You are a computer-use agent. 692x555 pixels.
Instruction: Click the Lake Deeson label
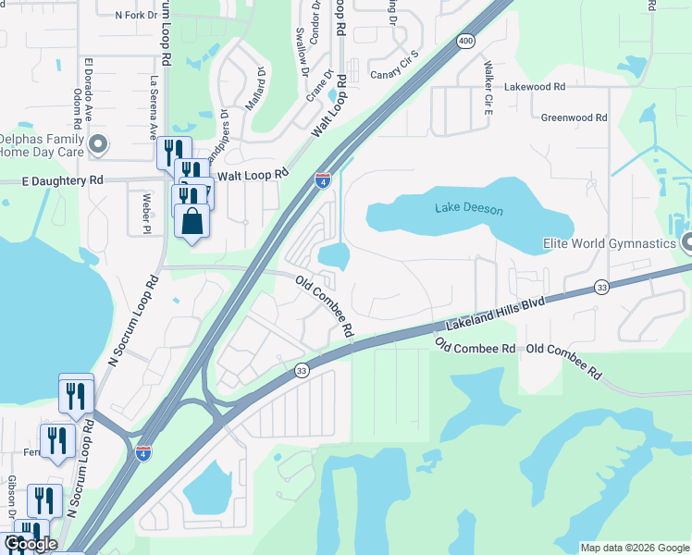pos(469,210)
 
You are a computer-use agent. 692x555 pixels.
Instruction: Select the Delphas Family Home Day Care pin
pos(99,143)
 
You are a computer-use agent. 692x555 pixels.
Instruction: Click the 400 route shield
pos(465,41)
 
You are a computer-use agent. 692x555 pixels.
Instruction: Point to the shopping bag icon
pos(192,224)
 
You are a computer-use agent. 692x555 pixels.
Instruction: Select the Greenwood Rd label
pos(574,117)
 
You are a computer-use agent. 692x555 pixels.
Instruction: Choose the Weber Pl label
pos(145,212)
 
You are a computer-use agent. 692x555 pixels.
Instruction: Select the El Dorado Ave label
pos(90,80)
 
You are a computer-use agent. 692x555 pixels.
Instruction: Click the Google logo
pos(31,544)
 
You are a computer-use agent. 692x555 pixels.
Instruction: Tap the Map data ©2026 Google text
pos(635,548)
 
